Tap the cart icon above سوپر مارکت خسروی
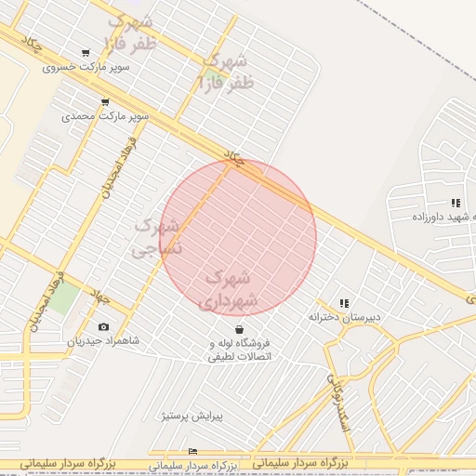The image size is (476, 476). (86, 53)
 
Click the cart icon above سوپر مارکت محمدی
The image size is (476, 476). (104, 102)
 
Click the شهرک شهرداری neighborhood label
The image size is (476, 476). (226, 288)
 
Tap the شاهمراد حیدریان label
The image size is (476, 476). (102, 340)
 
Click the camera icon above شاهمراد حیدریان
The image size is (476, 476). (102, 326)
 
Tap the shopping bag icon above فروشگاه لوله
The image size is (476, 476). (240, 329)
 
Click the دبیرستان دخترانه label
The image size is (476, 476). (345, 317)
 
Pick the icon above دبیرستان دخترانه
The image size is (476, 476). (345, 303)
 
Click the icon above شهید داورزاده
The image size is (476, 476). (455, 202)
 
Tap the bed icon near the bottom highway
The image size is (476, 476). (192, 451)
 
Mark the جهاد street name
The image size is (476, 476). (99, 297)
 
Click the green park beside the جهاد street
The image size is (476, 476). (63, 299)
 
